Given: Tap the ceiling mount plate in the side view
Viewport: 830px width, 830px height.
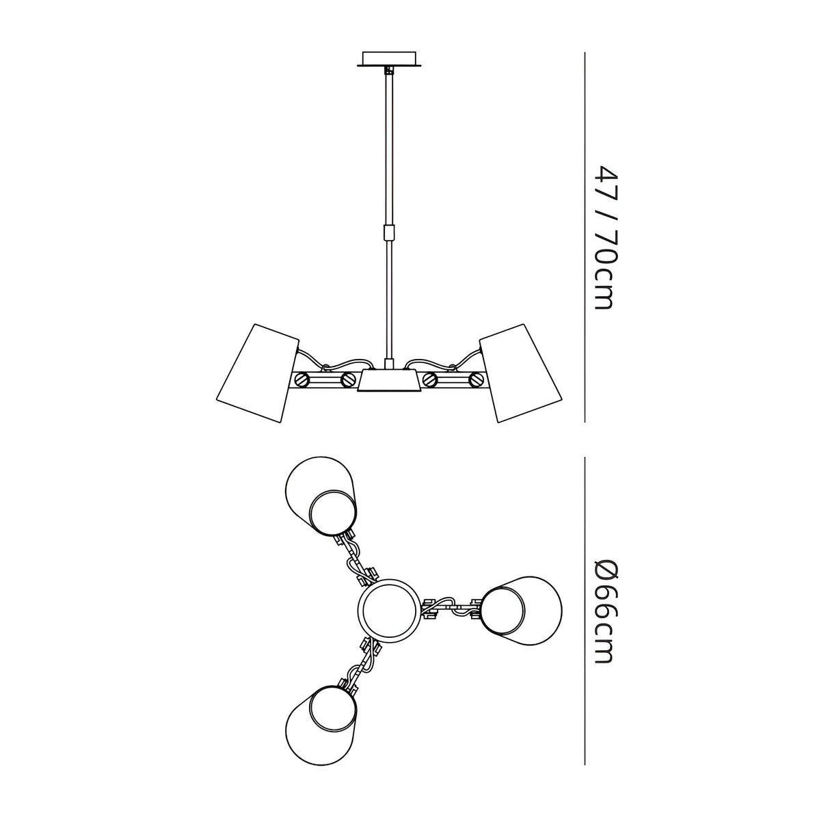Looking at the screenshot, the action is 389,59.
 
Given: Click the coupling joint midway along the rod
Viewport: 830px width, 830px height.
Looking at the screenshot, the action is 389,232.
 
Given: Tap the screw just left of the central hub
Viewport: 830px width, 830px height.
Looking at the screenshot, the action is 347,379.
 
